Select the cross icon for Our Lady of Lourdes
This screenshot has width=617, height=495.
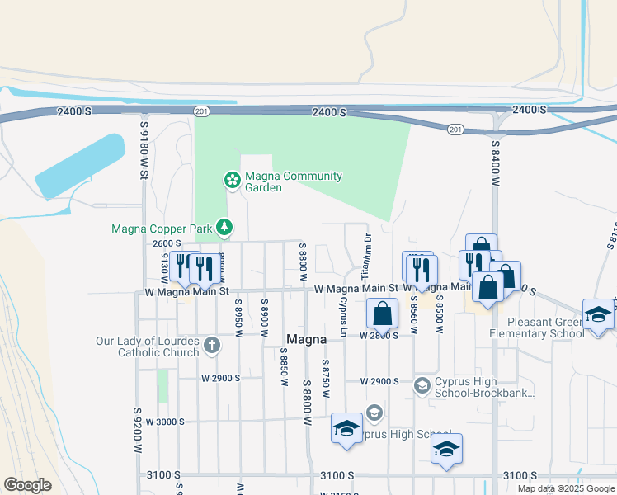point(212,345)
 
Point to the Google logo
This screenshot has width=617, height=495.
point(28,485)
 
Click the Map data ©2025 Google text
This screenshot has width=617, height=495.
point(564,488)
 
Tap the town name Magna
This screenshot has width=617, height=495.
point(308,339)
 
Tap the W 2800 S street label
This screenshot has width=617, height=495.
point(379,336)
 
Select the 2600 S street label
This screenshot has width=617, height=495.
point(167,243)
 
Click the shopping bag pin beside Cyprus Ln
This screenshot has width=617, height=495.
point(382,313)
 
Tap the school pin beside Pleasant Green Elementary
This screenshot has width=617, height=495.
point(598,314)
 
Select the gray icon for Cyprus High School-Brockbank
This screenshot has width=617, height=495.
point(422,385)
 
